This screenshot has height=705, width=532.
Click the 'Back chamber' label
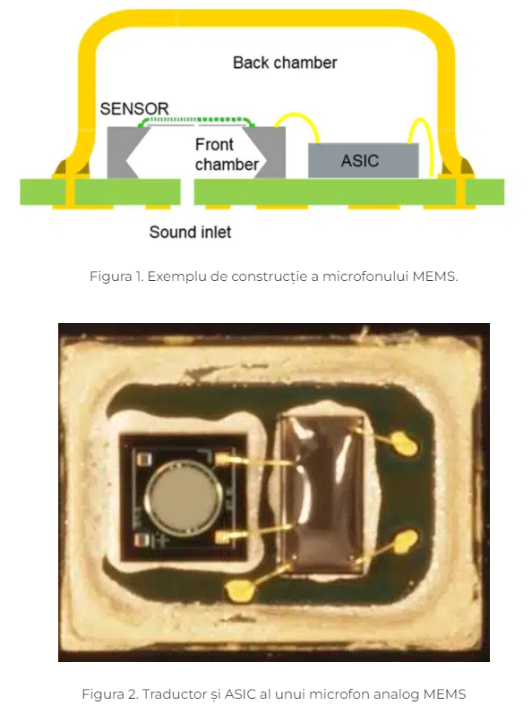[x=285, y=63]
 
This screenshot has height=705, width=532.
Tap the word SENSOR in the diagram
[x=134, y=108]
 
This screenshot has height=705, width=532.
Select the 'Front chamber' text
[x=227, y=154]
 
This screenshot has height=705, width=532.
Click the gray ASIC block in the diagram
[x=364, y=160]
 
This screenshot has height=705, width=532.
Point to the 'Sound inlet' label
[x=190, y=232]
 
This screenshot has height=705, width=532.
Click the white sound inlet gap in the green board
[x=187, y=192]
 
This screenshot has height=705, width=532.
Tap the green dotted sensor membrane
[x=197, y=121]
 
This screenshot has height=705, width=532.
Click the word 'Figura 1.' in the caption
[x=116, y=276]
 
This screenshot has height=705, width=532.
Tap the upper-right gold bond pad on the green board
[x=405, y=443]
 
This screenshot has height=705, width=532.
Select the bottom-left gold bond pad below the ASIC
[x=239, y=590]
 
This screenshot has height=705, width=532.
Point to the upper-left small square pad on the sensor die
[x=143, y=459]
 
